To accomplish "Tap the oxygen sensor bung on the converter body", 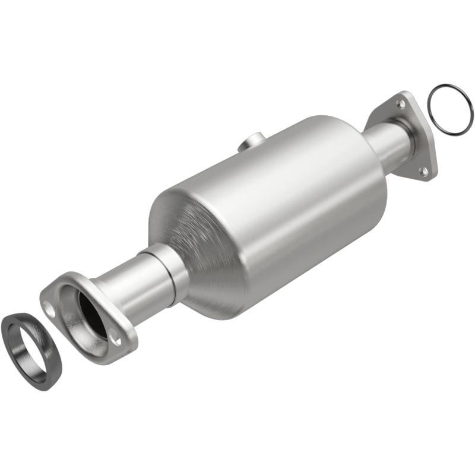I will (252, 143).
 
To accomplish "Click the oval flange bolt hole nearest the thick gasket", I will (51, 309).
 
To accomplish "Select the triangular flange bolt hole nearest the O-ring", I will (401, 104).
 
